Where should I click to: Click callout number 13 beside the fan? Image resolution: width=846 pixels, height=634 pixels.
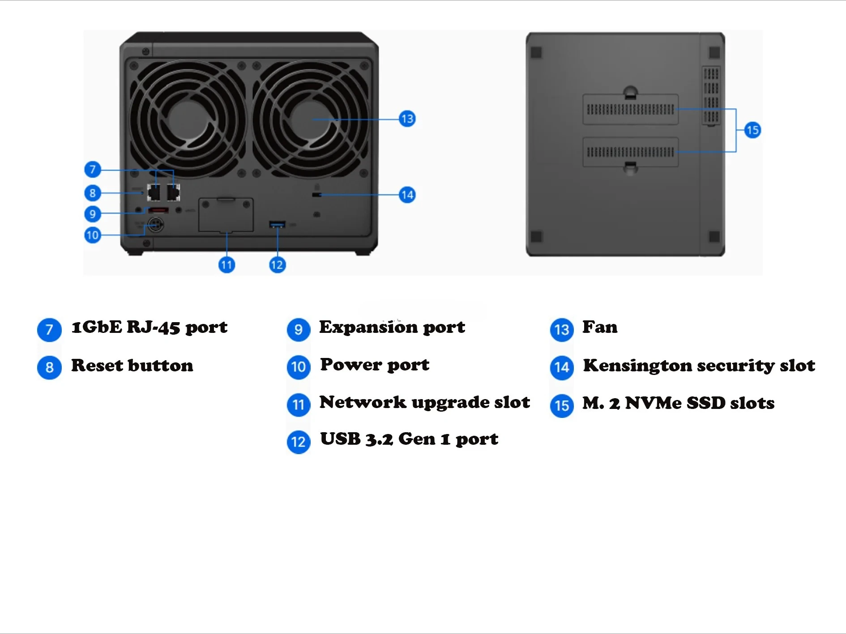[x=407, y=119]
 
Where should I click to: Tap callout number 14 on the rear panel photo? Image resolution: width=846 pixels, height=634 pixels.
[x=407, y=195]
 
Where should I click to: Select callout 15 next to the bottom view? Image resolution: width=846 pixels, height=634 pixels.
[x=752, y=131]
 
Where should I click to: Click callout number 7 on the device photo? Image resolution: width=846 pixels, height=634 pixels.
[x=93, y=170]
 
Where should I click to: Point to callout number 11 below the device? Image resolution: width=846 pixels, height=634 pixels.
[x=226, y=265]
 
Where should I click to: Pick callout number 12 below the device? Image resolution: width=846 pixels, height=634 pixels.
[x=277, y=265]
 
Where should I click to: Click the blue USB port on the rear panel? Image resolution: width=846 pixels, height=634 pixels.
[x=277, y=224]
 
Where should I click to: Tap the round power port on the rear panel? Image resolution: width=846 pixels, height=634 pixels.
[x=155, y=225]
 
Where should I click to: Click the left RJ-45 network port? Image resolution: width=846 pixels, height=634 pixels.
[x=154, y=193]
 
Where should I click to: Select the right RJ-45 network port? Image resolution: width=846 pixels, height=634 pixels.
[x=174, y=193]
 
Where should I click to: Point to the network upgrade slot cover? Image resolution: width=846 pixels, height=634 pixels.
[x=226, y=215]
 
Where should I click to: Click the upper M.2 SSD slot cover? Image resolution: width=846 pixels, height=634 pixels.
[x=630, y=109]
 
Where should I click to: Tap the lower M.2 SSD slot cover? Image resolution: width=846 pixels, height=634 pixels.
[x=630, y=152]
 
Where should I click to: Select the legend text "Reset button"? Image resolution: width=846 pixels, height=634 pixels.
[x=132, y=366]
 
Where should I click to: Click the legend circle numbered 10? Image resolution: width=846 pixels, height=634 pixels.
[x=299, y=367]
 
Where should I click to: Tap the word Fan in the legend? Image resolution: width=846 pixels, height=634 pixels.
[x=600, y=327]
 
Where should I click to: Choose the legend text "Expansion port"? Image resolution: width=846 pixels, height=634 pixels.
[x=392, y=328]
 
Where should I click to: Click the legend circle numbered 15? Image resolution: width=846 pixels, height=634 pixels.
[x=562, y=406]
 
